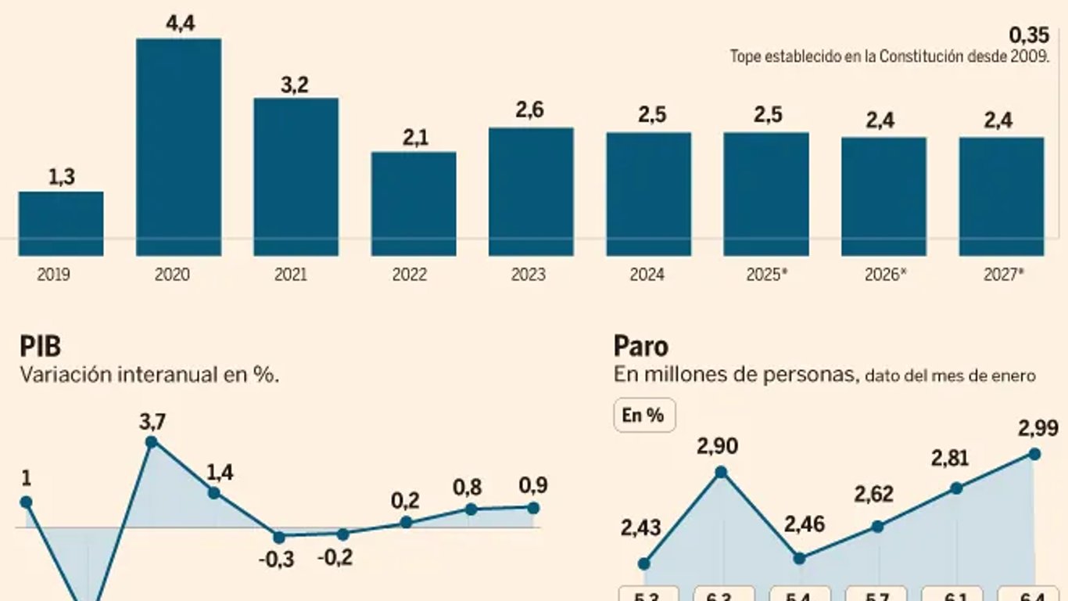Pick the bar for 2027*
(1002, 196)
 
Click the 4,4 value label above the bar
(179, 24)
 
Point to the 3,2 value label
(295, 85)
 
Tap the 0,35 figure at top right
(1028, 35)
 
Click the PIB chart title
(40, 346)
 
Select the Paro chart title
(640, 346)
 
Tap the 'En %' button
(643, 416)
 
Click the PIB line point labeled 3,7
(152, 441)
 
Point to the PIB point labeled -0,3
(278, 537)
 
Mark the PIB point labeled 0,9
(533, 508)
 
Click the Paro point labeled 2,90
(722, 472)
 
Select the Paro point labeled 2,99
(1035, 453)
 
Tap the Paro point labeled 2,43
(644, 563)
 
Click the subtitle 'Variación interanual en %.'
(149, 375)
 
